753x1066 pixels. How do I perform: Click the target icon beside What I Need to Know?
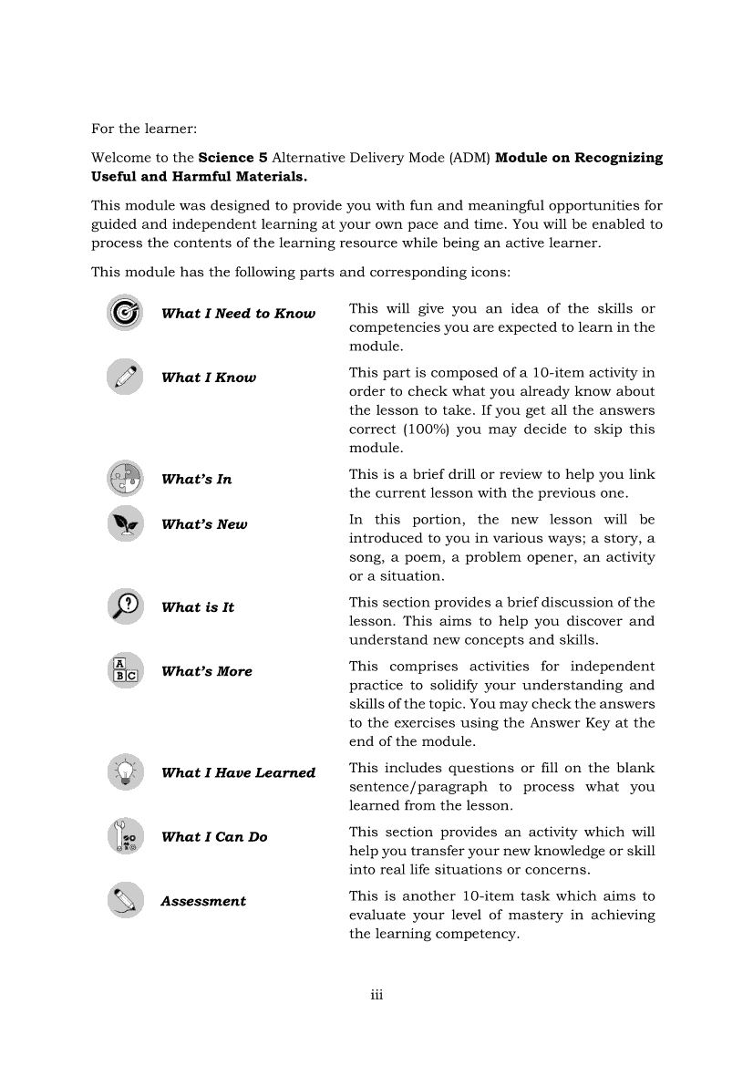[x=124, y=313]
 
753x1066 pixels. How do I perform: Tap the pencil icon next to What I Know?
[x=124, y=377]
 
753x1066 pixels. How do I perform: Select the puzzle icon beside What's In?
[x=124, y=478]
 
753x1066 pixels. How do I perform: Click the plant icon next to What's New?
[x=124, y=523]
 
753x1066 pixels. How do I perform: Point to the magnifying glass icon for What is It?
[x=124, y=606]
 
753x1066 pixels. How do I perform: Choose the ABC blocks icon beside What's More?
[x=124, y=670]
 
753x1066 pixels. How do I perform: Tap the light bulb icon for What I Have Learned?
[x=124, y=771]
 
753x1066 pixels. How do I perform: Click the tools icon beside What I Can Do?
[x=124, y=836]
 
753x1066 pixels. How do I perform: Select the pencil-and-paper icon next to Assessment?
[x=124, y=900]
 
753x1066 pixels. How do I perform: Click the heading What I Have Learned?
[x=238, y=772]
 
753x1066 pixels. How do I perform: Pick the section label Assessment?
[x=203, y=901]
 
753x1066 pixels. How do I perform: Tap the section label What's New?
[x=204, y=524]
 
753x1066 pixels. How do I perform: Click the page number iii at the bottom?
[x=376, y=995]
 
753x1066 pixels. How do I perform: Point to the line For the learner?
[x=144, y=129]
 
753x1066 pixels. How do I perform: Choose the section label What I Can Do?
[x=214, y=837]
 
